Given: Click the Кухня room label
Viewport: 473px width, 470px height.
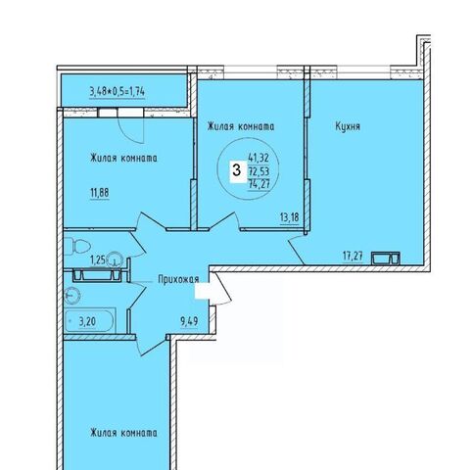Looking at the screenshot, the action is coord(348,126).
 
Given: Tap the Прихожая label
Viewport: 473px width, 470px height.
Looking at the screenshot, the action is coord(178,279).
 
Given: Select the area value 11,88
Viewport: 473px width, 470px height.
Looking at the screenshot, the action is coord(100,193).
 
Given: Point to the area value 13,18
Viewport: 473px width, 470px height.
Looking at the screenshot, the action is coord(290,217).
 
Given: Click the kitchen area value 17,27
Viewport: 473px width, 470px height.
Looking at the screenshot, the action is coord(353,256).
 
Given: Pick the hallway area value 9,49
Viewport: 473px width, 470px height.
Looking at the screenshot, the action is coord(189,322).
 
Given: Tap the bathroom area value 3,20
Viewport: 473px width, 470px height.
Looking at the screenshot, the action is coord(87,322).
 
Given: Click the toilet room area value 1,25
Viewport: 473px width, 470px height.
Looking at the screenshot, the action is coord(98,260).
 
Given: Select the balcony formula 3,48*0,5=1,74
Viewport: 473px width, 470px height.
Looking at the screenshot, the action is coord(118,92).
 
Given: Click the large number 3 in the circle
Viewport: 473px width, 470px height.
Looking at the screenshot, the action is coord(236,170).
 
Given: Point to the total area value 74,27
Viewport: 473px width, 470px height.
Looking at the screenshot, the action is coord(260,184).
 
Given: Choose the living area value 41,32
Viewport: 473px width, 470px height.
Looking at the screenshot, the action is coord(259,159).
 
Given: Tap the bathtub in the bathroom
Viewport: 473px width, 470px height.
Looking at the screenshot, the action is coord(90,320).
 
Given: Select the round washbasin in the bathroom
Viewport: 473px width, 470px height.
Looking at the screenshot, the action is coord(72,295).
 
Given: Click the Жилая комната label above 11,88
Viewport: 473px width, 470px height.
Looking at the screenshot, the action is coord(123,158).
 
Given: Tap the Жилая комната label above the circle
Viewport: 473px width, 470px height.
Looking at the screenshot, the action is coord(241,126).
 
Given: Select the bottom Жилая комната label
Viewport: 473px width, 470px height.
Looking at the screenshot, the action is coord(123,433).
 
